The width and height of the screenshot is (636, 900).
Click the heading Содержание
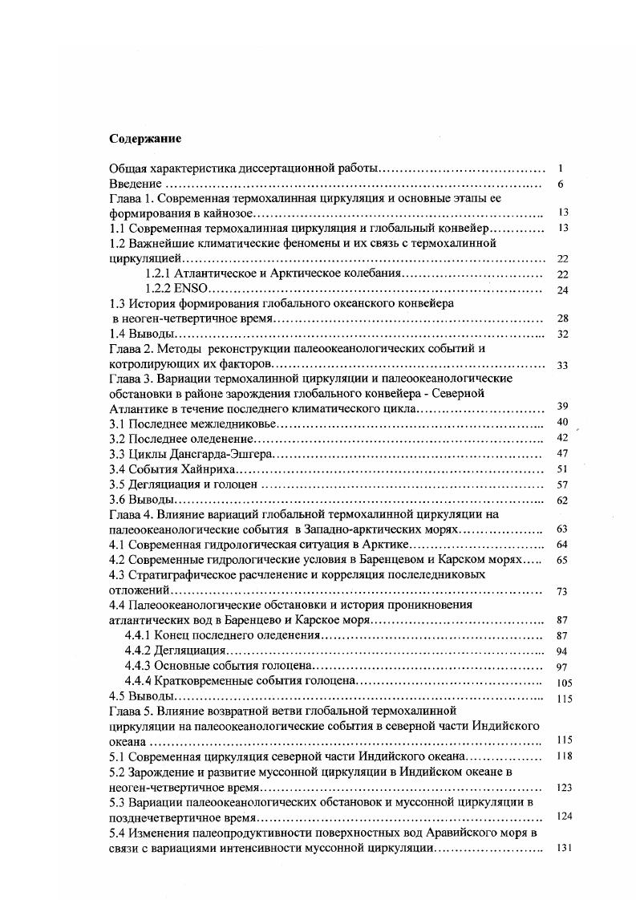[x=145, y=139]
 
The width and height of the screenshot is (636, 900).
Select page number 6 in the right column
[x=561, y=184]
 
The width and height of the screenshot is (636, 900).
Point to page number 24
[x=561, y=290]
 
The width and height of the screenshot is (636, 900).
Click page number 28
[x=561, y=319]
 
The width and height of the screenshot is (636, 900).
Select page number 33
[x=561, y=365]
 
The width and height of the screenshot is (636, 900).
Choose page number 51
[x=561, y=469]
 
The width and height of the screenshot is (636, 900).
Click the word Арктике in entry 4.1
[x=380, y=544]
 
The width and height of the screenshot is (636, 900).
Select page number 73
[x=561, y=591]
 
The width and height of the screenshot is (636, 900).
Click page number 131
[x=562, y=849]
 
